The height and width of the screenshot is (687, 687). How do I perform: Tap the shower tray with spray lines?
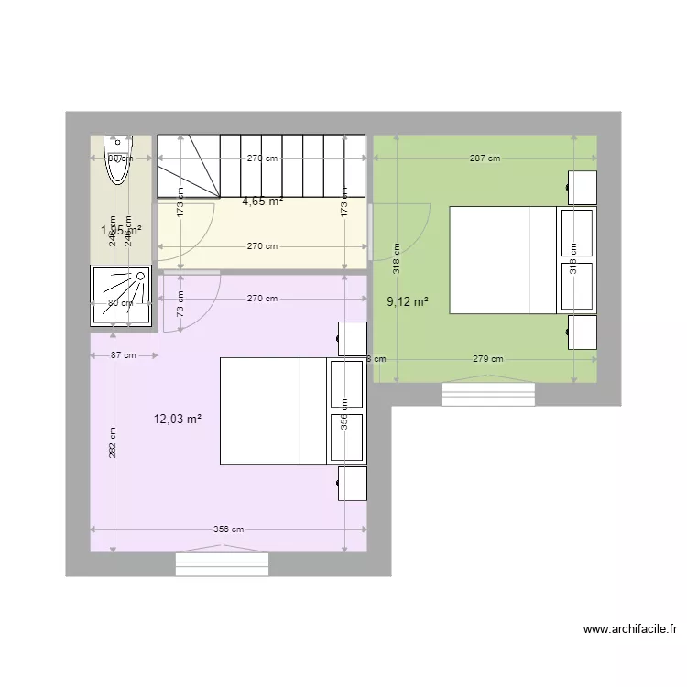point(120,296)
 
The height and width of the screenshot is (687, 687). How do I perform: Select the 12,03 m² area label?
point(178,420)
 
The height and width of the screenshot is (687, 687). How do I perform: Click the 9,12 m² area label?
point(408,301)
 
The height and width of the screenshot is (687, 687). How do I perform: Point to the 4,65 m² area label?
point(262,202)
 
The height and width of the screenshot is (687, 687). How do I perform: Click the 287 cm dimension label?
point(485,158)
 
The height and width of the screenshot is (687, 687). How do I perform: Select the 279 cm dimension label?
point(487,359)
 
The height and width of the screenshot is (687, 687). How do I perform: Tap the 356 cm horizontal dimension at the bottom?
point(228,529)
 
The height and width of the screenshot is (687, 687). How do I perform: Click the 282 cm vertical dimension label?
point(113,443)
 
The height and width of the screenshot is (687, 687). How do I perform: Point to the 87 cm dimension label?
point(123,355)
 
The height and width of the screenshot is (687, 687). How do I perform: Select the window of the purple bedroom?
point(223,562)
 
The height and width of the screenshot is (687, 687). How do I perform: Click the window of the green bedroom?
point(488,394)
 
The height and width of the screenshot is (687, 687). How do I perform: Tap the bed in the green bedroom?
point(504,260)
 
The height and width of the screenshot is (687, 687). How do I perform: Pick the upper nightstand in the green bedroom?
point(583,188)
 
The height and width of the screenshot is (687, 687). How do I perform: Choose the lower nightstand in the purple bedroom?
point(352,484)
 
